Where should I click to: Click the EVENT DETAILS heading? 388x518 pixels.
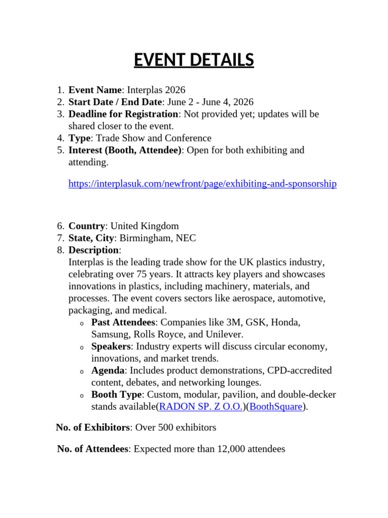tap(194, 60)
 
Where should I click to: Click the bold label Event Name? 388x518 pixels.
tap(95, 90)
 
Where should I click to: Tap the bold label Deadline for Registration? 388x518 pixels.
tap(123, 114)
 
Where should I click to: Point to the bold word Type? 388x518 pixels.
tap(79, 138)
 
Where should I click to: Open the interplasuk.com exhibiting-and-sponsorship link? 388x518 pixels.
tap(202, 184)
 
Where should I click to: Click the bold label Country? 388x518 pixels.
tap(87, 226)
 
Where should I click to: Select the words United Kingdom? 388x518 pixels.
tap(144, 226)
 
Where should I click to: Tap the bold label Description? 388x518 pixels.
tap(93, 250)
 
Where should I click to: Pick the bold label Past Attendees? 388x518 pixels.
tap(123, 322)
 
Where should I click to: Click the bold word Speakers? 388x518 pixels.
tap(111, 347)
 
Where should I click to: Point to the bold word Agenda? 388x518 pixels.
tap(108, 370)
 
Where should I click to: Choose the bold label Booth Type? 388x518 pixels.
tap(117, 395)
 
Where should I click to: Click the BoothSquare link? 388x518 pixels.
tap(276, 407)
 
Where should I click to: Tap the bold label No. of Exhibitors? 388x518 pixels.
tap(93, 427)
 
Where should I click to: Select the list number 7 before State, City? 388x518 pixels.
tap(60, 238)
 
